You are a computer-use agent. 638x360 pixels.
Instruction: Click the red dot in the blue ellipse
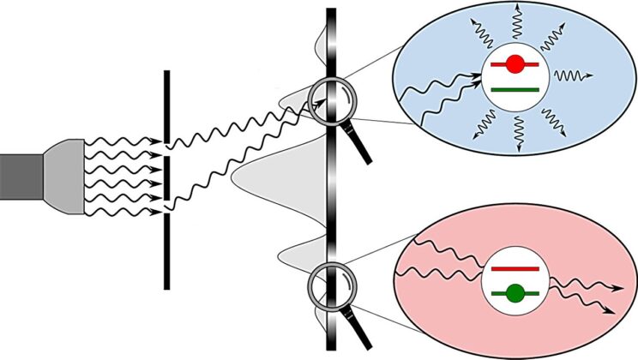[515, 64]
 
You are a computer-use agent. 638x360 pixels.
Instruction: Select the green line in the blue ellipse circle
[514, 88]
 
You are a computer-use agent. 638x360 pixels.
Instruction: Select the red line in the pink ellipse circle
[515, 269]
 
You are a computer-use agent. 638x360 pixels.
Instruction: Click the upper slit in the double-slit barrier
[166, 147]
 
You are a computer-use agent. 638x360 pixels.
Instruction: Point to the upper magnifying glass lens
[329, 100]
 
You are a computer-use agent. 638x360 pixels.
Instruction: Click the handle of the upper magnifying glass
[360, 147]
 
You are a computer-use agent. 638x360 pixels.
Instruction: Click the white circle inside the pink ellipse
[515, 282]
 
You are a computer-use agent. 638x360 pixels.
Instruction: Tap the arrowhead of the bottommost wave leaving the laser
[159, 210]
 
